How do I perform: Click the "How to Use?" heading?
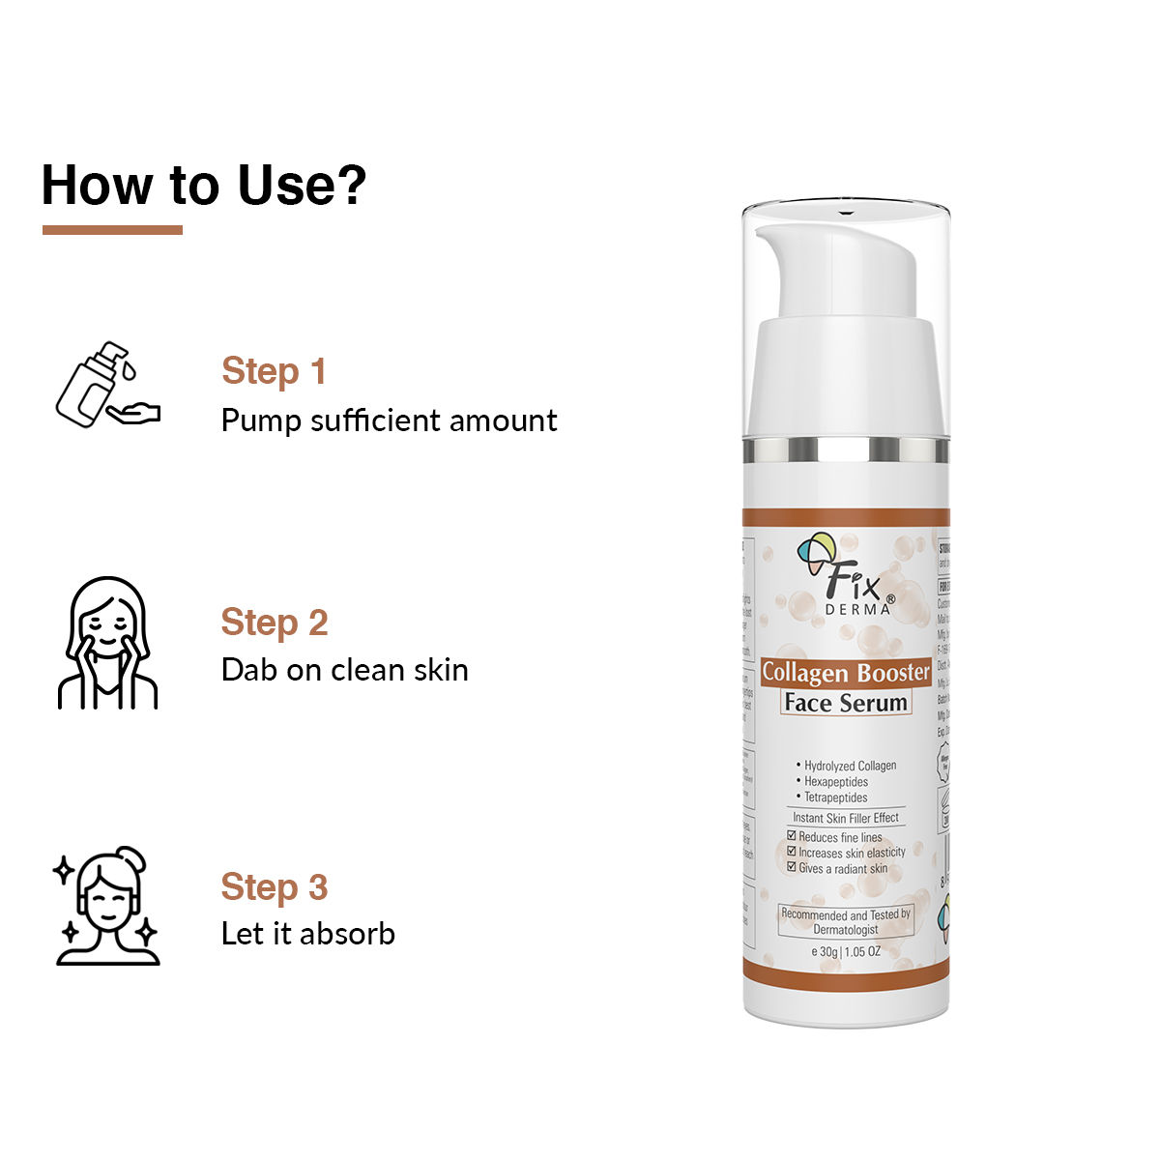pos(204,185)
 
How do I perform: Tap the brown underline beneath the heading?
pos(112,230)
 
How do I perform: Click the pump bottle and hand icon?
pos(107,384)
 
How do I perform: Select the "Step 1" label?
pos(274,371)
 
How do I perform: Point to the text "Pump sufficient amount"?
pos(389,420)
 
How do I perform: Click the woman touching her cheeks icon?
pos(107,643)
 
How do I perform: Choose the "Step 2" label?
pos(275,623)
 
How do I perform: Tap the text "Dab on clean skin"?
pos(344,670)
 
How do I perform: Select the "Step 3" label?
pos(275,886)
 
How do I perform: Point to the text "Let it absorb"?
pos(307,934)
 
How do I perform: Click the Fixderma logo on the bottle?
pos(845,576)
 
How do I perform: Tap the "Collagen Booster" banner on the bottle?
pos(845,672)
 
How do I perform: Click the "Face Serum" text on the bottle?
pos(845,703)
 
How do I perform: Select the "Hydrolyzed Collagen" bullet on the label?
pos(849,766)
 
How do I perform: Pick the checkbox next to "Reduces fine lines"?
pos(792,836)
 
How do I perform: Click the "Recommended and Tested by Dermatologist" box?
pos(845,921)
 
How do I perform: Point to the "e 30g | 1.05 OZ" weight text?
pos(845,951)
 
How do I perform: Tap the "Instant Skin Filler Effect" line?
pos(845,818)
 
